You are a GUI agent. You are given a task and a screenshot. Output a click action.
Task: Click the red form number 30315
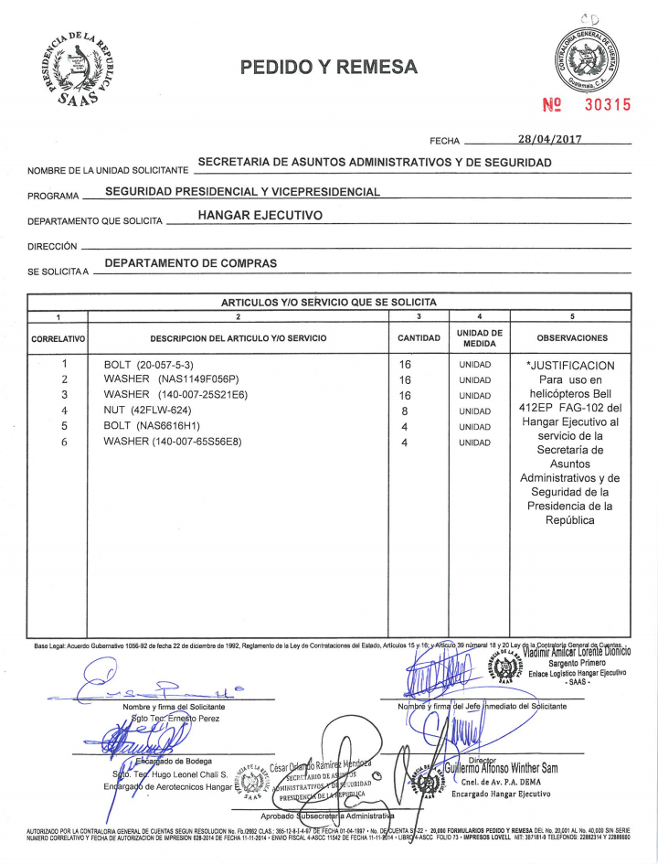pos(608,104)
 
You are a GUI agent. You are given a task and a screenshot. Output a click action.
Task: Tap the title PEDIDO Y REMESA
pos(328,67)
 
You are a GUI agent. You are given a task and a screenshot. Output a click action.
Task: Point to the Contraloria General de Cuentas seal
pos(587,59)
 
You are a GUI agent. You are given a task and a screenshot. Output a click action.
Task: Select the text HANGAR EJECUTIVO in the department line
pos(260,215)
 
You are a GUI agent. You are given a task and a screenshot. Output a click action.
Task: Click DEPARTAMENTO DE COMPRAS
pos(191,263)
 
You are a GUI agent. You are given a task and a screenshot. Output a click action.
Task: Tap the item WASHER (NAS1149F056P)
pos(171,379)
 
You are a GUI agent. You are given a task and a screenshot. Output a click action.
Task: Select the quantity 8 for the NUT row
pos(404,411)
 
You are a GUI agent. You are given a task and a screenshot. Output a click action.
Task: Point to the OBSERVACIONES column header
pos(572,338)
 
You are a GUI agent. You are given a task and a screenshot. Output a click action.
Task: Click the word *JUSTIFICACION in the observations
pos(572,366)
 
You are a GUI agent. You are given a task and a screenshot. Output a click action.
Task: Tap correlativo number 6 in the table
pos(65,442)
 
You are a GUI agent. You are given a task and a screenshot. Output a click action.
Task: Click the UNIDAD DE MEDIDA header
pos(479,338)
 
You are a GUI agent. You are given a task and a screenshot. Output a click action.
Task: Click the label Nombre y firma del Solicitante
pos(174,706)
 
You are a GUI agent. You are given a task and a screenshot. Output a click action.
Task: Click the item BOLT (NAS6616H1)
pos(152,426)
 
